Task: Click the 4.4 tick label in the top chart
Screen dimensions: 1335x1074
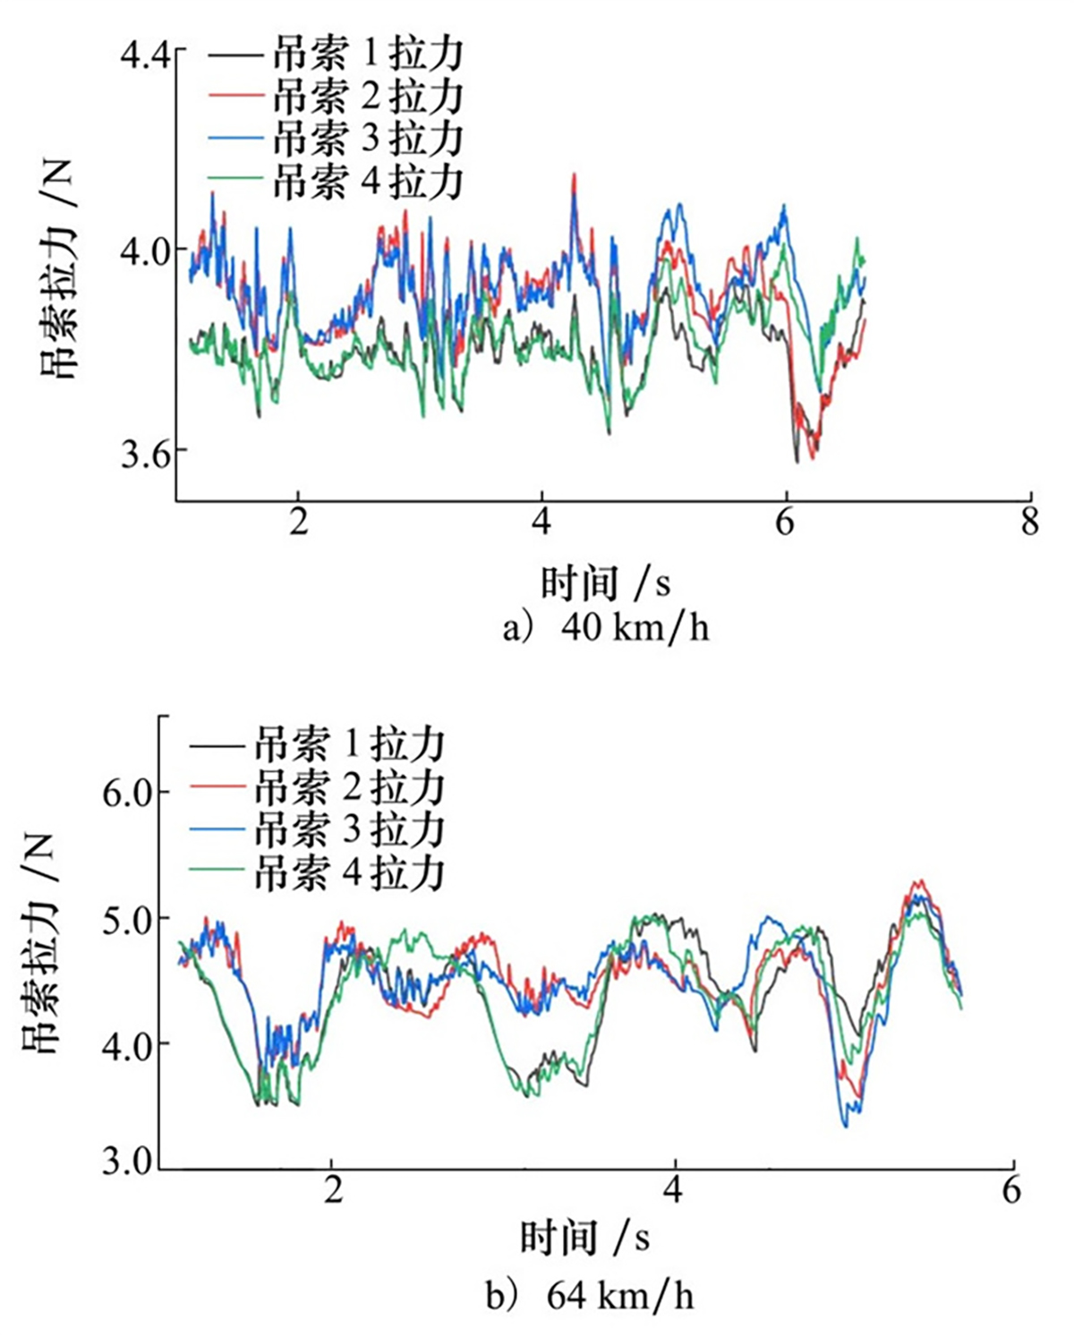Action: [x=143, y=56]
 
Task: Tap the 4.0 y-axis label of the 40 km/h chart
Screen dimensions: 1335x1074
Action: [x=143, y=251]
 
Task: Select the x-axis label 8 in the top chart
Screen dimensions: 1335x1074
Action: [x=1030, y=522]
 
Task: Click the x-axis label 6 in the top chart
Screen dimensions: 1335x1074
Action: [x=785, y=522]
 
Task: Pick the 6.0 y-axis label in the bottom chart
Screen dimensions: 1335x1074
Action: [x=128, y=794]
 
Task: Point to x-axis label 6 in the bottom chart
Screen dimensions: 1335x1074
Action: [x=1011, y=1191]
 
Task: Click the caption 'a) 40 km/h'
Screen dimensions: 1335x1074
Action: [x=606, y=628]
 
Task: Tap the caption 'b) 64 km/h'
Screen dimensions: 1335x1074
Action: [x=590, y=1296]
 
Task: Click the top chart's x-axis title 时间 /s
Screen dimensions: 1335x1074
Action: [x=605, y=584]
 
